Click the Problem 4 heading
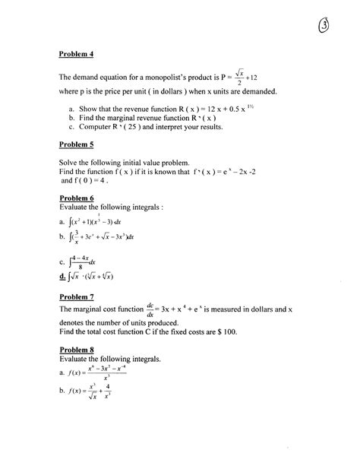(77, 54)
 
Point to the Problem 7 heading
(77, 298)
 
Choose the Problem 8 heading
(77, 350)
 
